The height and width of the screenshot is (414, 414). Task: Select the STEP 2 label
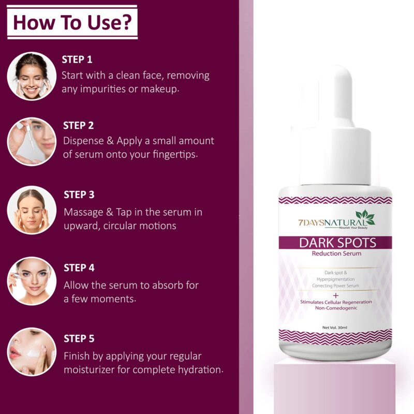click(78, 125)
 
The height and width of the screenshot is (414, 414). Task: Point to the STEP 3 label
click(79, 195)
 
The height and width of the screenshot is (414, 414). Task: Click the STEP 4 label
click(79, 268)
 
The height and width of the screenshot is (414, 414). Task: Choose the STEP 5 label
click(79, 338)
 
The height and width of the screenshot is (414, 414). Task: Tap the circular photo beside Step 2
click(32, 141)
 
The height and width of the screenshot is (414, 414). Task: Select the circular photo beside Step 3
click(32, 210)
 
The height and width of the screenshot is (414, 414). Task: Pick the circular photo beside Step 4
click(32, 280)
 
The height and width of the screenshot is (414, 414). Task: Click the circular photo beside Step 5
click(32, 351)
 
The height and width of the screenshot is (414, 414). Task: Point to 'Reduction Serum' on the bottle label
click(336, 254)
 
